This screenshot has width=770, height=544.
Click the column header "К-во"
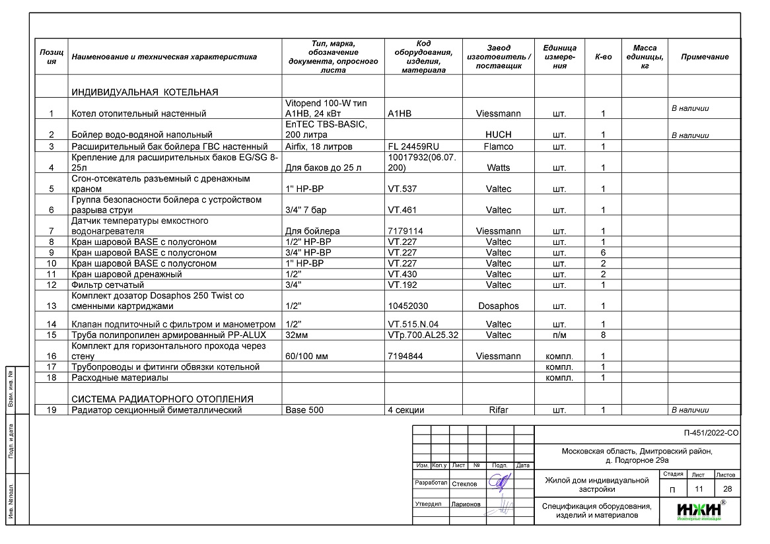(603, 57)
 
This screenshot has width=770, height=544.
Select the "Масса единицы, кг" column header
(645, 57)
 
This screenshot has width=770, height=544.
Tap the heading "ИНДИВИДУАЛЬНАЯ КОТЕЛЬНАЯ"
(145, 92)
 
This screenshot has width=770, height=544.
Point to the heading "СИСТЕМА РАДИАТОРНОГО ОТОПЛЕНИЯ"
(162, 399)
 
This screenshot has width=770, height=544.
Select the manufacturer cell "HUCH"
(498, 135)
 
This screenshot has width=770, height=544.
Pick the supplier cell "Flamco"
(498, 146)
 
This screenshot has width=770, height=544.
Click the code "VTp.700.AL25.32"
(423, 335)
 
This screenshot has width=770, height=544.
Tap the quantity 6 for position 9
(603, 252)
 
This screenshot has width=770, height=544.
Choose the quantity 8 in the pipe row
(603, 335)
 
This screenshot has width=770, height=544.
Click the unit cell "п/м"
(559, 335)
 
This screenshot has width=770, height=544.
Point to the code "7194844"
(405, 356)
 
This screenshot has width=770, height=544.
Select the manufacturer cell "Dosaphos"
(498, 306)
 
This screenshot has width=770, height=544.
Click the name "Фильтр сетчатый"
(107, 285)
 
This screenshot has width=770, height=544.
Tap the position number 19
(52, 410)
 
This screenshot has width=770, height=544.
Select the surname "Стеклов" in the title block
(464, 484)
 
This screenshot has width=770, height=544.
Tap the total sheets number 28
(727, 489)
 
